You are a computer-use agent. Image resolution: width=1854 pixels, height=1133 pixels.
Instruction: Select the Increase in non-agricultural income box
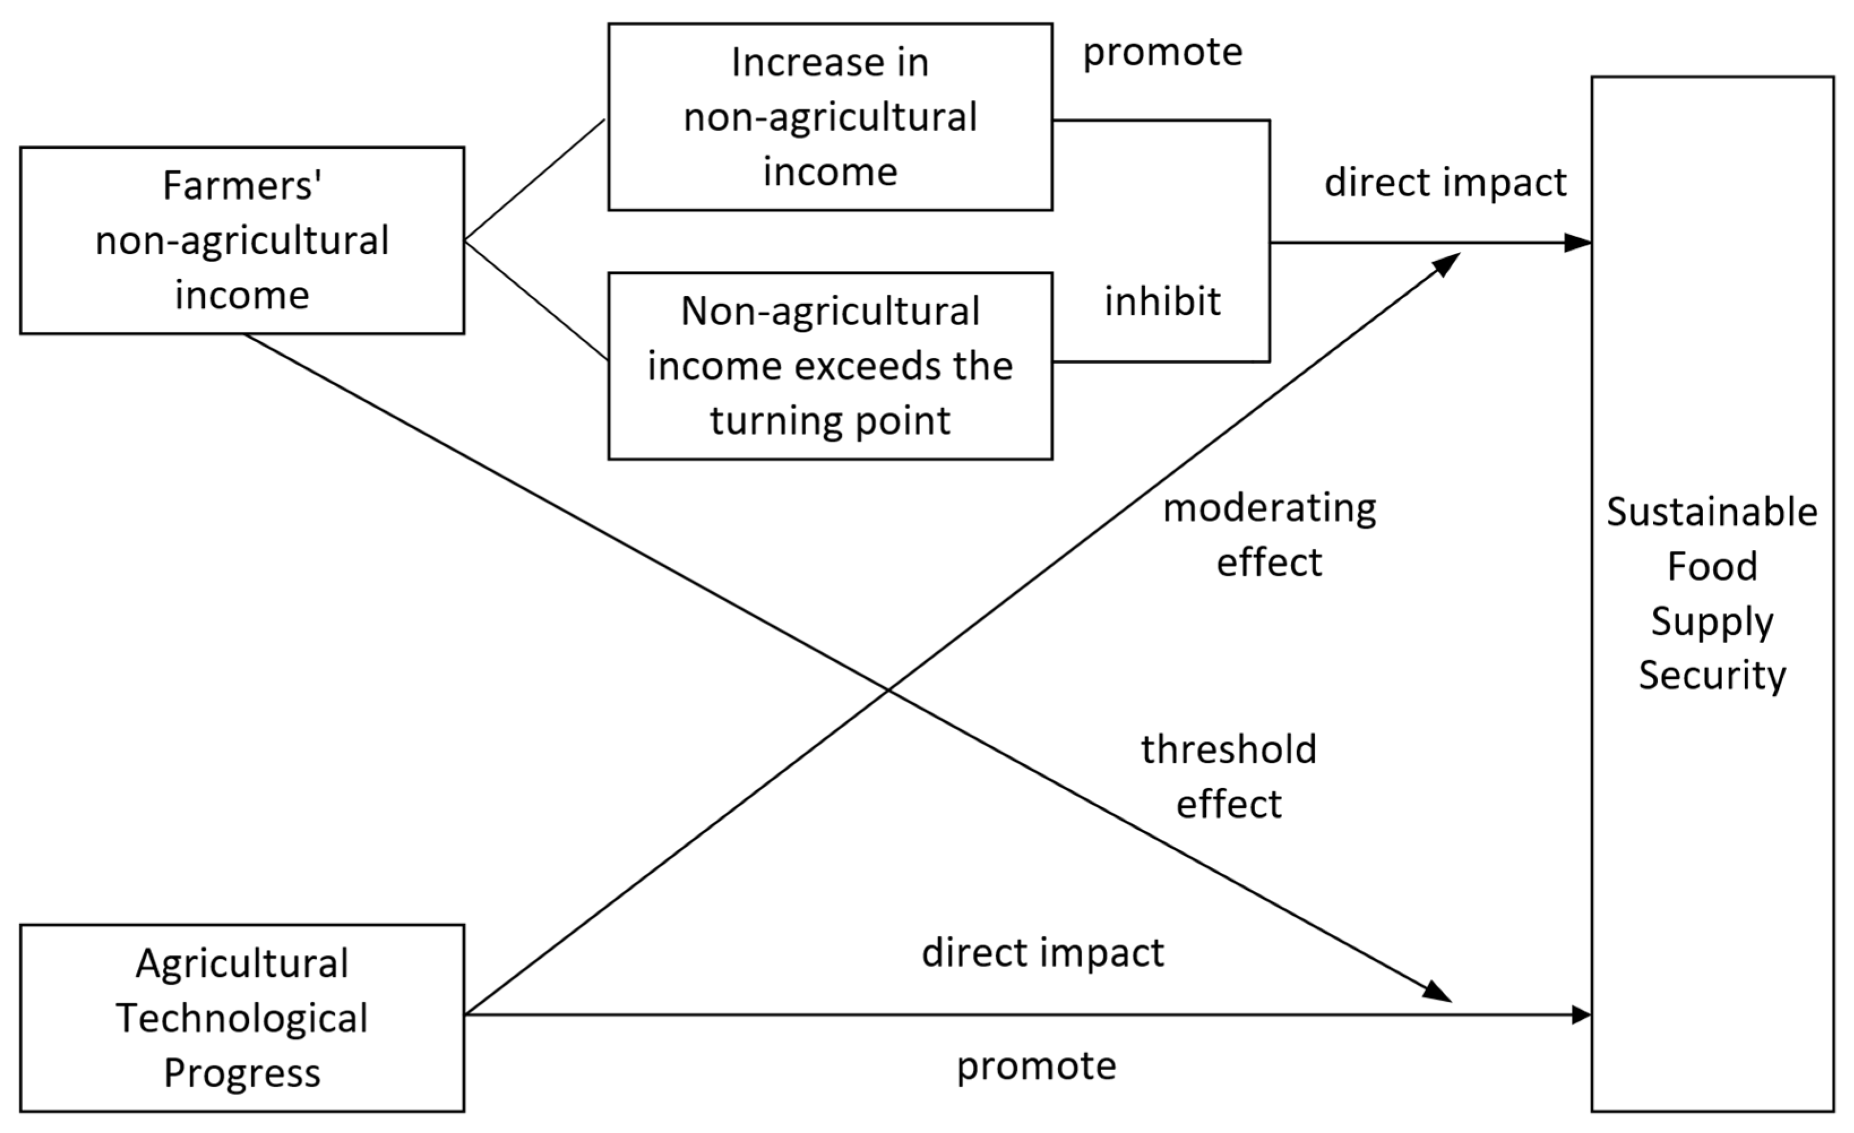(829, 117)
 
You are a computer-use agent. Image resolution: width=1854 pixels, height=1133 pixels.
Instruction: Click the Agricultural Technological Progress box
(242, 1018)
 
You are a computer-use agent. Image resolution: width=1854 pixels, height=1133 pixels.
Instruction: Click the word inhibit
(1162, 301)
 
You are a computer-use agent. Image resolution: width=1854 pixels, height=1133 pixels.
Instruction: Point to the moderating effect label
(1269, 535)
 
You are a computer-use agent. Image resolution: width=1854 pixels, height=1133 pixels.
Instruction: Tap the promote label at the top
(1162, 52)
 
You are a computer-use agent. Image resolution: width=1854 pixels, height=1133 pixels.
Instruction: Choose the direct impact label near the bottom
(1042, 953)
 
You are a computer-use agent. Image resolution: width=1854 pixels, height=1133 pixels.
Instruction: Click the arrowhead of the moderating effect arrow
(1446, 264)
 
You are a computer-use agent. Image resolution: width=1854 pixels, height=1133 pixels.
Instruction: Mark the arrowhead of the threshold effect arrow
(1437, 992)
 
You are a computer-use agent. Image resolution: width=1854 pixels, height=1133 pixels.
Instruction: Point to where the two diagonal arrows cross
(889, 688)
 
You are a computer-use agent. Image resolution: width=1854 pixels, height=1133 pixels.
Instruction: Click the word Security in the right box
(1712, 675)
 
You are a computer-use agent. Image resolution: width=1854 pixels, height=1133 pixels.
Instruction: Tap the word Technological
(242, 1018)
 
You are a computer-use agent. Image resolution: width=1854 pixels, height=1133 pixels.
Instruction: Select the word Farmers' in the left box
(242, 186)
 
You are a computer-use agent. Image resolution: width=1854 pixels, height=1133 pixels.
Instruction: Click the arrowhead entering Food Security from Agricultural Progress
(1580, 1015)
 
